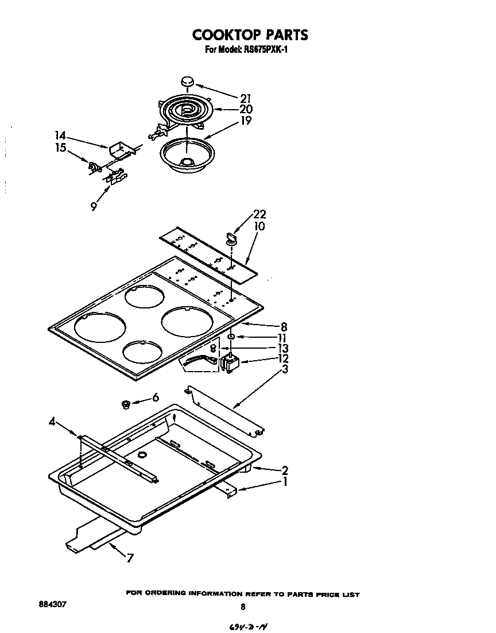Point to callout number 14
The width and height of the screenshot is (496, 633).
[60, 136]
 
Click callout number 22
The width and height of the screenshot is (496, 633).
[259, 214]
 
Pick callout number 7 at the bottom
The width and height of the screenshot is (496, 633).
[130, 558]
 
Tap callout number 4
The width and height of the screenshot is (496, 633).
[52, 422]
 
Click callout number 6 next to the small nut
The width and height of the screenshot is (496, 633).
[155, 397]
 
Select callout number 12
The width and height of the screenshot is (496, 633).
[282, 359]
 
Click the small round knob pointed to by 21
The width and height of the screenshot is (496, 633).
[186, 81]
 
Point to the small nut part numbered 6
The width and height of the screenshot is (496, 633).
[126, 404]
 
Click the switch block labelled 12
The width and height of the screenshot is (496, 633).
[230, 364]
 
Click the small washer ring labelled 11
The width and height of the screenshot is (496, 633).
[230, 337]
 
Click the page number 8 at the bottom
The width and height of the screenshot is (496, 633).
[243, 607]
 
